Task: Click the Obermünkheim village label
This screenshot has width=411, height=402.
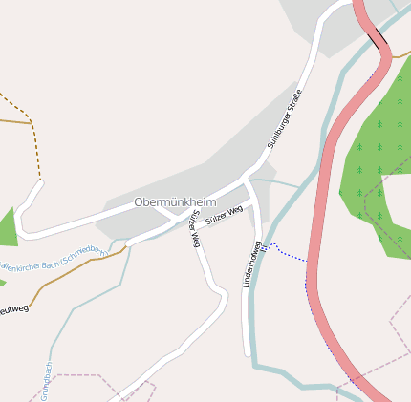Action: [175, 202]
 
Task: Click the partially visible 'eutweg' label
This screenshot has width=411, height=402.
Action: [13, 309]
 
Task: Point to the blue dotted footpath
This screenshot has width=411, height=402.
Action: [292, 255]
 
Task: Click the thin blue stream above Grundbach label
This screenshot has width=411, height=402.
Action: [53, 339]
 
